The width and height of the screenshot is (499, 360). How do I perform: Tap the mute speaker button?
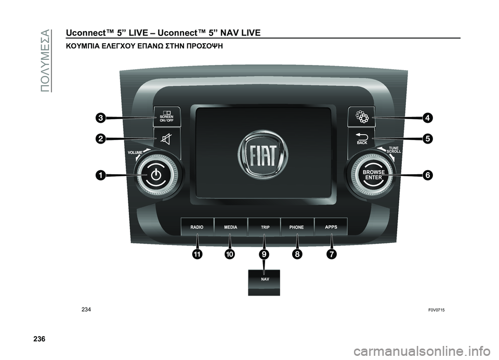point(167,139)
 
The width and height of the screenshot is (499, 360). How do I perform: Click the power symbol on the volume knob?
point(156,175)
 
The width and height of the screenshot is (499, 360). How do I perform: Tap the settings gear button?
point(362,117)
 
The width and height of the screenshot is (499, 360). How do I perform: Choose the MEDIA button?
point(230,227)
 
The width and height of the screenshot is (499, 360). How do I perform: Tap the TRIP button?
point(264,227)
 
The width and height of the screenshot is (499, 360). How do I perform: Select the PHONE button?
point(297,227)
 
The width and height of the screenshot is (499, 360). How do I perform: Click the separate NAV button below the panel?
point(264,282)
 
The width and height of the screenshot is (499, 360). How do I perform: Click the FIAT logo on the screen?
point(263,155)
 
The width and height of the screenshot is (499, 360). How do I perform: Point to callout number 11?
point(197,254)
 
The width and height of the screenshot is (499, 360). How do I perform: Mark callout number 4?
point(427,118)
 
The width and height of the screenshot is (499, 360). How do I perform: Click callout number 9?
point(264,254)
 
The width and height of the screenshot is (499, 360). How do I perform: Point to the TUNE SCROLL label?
point(393,150)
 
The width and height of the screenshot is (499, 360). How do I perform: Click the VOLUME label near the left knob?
point(135,152)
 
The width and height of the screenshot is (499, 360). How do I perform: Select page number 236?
point(39,338)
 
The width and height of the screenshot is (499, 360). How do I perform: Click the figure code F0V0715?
point(437,310)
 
